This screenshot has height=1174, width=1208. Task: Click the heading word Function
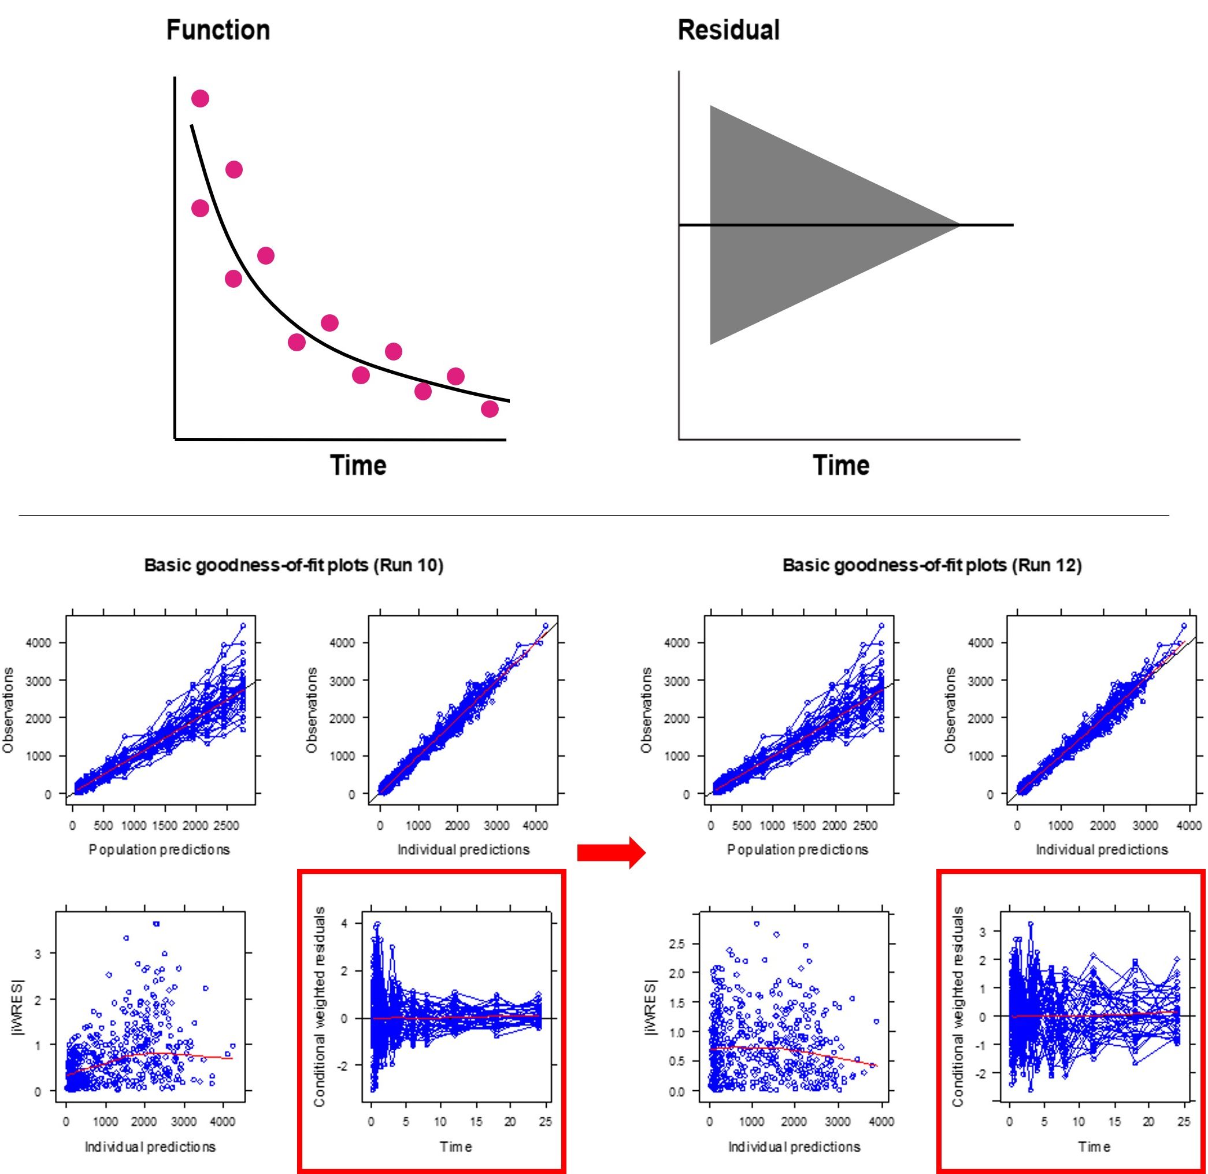[x=218, y=30]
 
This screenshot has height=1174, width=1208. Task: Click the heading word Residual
[x=728, y=30]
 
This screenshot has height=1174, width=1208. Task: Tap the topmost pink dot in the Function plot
[x=200, y=99]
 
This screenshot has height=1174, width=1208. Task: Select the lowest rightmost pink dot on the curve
[x=489, y=409]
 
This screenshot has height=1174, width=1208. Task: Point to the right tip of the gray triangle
[x=958, y=225]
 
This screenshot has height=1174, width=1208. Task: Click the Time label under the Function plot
[x=358, y=465]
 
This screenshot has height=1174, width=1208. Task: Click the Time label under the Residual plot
[x=840, y=465]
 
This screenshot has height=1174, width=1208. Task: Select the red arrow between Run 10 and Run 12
[x=611, y=853]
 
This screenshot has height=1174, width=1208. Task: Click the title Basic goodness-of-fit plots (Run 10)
[x=294, y=566]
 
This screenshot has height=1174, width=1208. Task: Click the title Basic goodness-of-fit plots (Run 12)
[x=932, y=566]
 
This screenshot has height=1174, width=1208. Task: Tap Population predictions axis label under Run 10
[x=159, y=850]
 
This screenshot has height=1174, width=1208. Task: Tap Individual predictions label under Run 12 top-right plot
[x=1101, y=850]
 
